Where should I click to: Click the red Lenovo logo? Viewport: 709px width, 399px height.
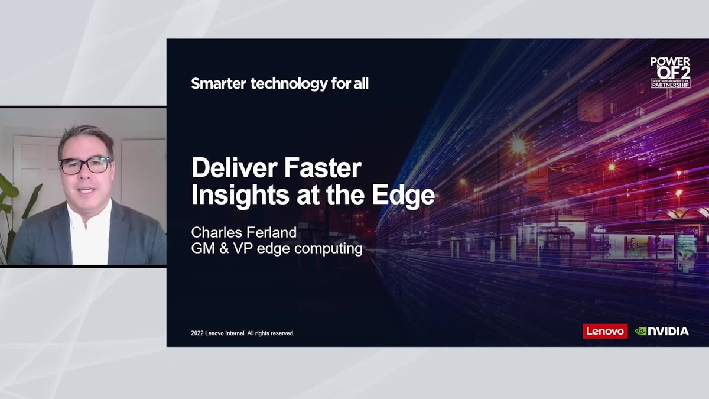coord(605,331)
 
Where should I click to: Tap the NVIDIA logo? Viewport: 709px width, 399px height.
coord(662,331)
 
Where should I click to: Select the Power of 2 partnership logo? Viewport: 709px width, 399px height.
coord(670,73)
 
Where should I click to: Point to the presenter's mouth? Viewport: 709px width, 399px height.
coord(87,191)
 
